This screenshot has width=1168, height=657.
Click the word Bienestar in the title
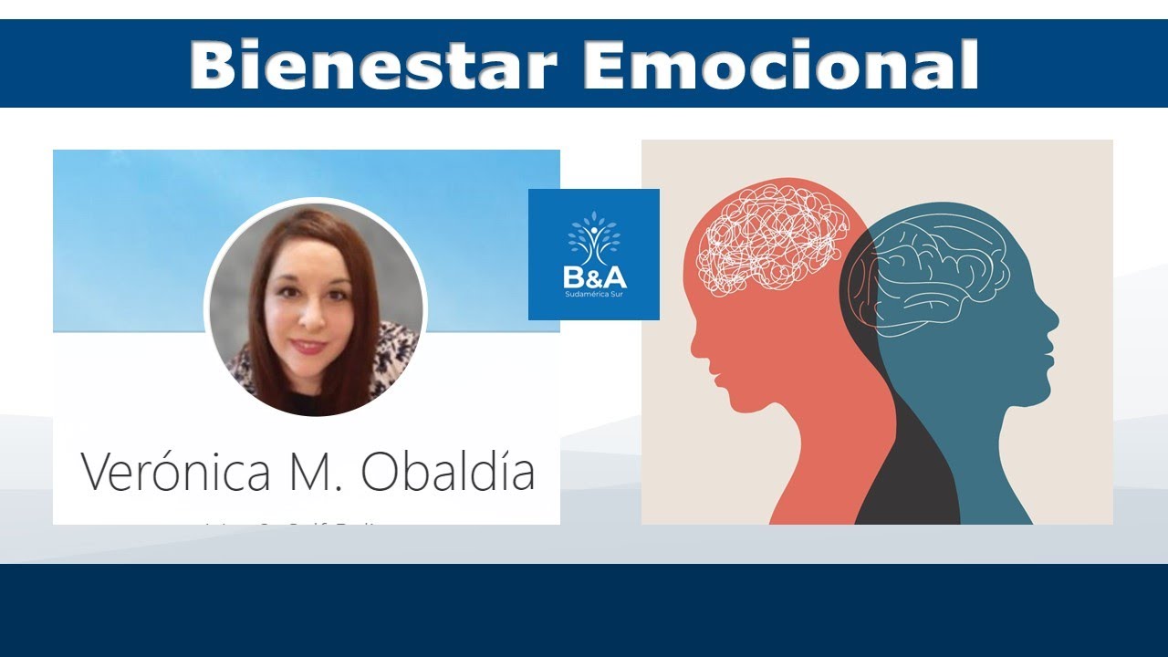pos(372,65)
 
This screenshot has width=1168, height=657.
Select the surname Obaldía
pos(447,471)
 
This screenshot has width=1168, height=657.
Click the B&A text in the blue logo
pos(594,276)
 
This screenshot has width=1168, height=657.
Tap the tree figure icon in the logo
pos(594,239)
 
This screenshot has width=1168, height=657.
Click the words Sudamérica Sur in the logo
pos(594,296)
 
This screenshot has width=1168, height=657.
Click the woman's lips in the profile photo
pos(308,347)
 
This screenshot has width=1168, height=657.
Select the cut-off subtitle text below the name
pos(306,523)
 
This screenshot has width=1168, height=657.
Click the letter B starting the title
pos(212,65)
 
